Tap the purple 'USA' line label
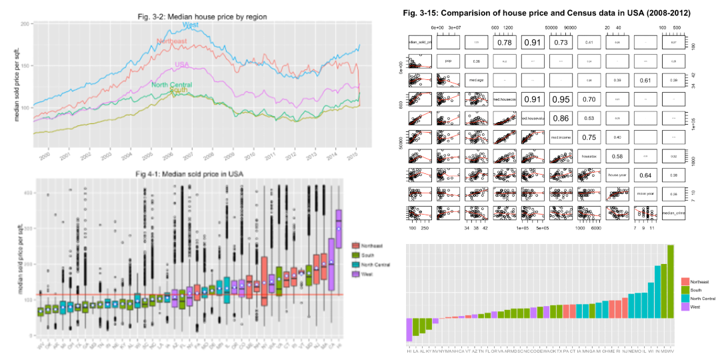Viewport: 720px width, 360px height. point(183,65)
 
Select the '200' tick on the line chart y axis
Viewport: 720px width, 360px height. point(26,24)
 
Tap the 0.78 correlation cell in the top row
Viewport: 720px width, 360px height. point(504,43)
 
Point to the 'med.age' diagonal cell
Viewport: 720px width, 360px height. point(476,81)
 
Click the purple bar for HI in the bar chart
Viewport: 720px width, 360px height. point(409,329)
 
